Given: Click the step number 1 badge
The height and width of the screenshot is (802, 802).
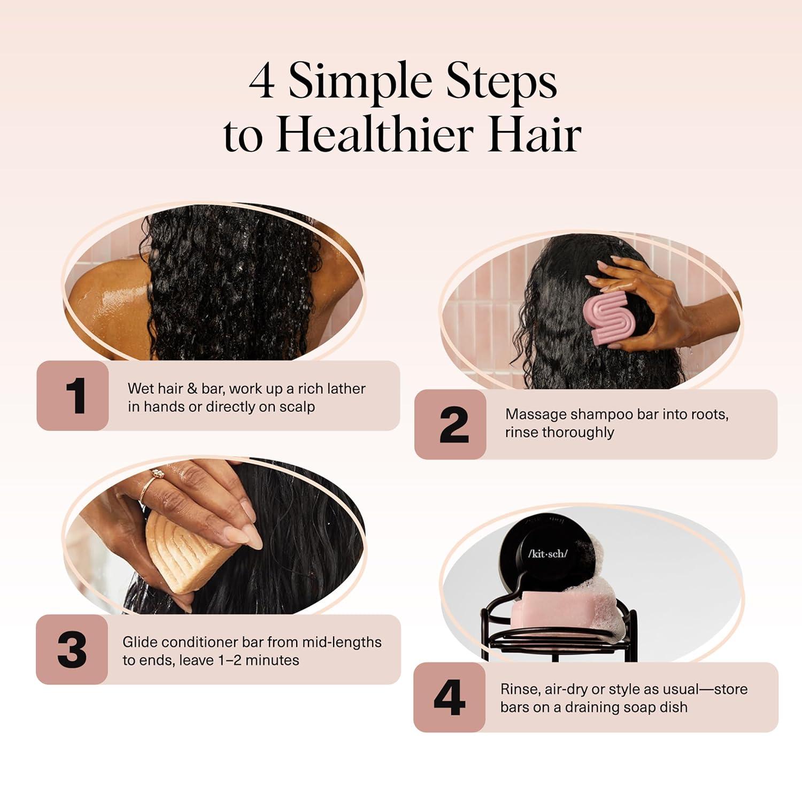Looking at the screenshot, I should pos(73,395).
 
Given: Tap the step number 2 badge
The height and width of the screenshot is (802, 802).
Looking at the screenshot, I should pos(450,425).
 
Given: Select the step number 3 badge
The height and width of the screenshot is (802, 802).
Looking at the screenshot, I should pos(72,649).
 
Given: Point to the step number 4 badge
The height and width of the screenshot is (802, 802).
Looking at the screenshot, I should pos(449,697).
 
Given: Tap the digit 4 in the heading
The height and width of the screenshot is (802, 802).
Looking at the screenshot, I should pos(263,83).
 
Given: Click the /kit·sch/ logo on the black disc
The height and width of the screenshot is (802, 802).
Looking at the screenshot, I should pos(547,553).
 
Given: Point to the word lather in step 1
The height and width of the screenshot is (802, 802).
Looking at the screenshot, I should pos(345,389).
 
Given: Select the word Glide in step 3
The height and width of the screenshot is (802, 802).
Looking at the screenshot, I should pos(140,642).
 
